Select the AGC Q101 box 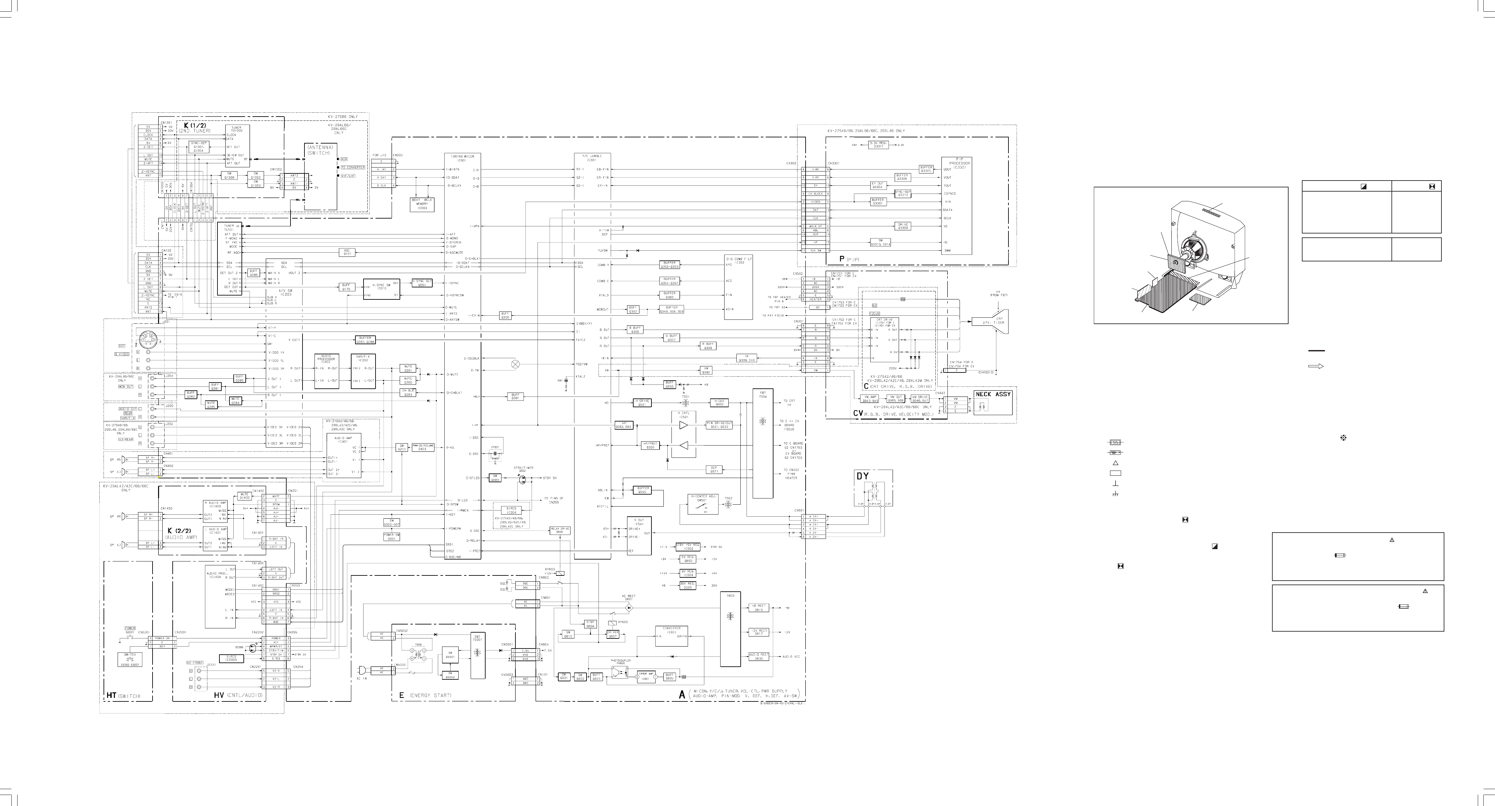(347, 252)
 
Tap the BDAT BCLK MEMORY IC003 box (421, 203)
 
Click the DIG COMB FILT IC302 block (739, 287)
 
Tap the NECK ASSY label (993, 394)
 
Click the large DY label (863, 476)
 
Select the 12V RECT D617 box (759, 632)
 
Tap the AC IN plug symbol (364, 670)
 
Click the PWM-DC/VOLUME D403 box (423, 447)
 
